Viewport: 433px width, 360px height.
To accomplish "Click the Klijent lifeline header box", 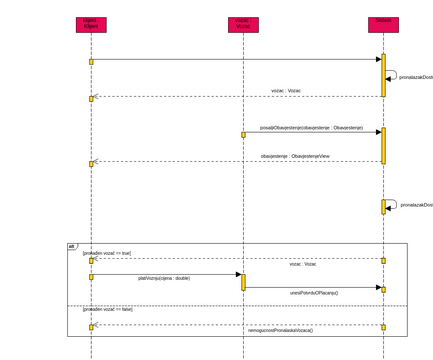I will tap(90, 23).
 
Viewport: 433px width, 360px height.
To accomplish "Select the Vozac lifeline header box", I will tap(242, 23).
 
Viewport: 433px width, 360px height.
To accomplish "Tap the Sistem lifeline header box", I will tap(382, 23).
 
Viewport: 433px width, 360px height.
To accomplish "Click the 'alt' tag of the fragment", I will tap(71, 246).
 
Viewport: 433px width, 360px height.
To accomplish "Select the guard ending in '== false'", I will tap(107, 309).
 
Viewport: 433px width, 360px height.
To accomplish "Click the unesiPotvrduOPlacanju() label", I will tap(314, 292).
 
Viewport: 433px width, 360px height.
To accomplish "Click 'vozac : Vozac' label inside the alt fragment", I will tap(302, 265).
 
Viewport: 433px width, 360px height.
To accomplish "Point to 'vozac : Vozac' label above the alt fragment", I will tap(286, 90).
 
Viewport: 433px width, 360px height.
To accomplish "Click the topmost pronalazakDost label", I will tap(416, 76).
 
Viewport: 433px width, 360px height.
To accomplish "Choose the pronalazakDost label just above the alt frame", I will tap(416, 204).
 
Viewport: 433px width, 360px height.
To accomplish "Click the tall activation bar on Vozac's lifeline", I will tap(242, 282).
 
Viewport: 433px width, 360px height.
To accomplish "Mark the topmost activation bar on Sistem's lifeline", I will tap(382, 75).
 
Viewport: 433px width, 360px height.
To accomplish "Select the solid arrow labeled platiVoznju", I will tap(165, 273).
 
